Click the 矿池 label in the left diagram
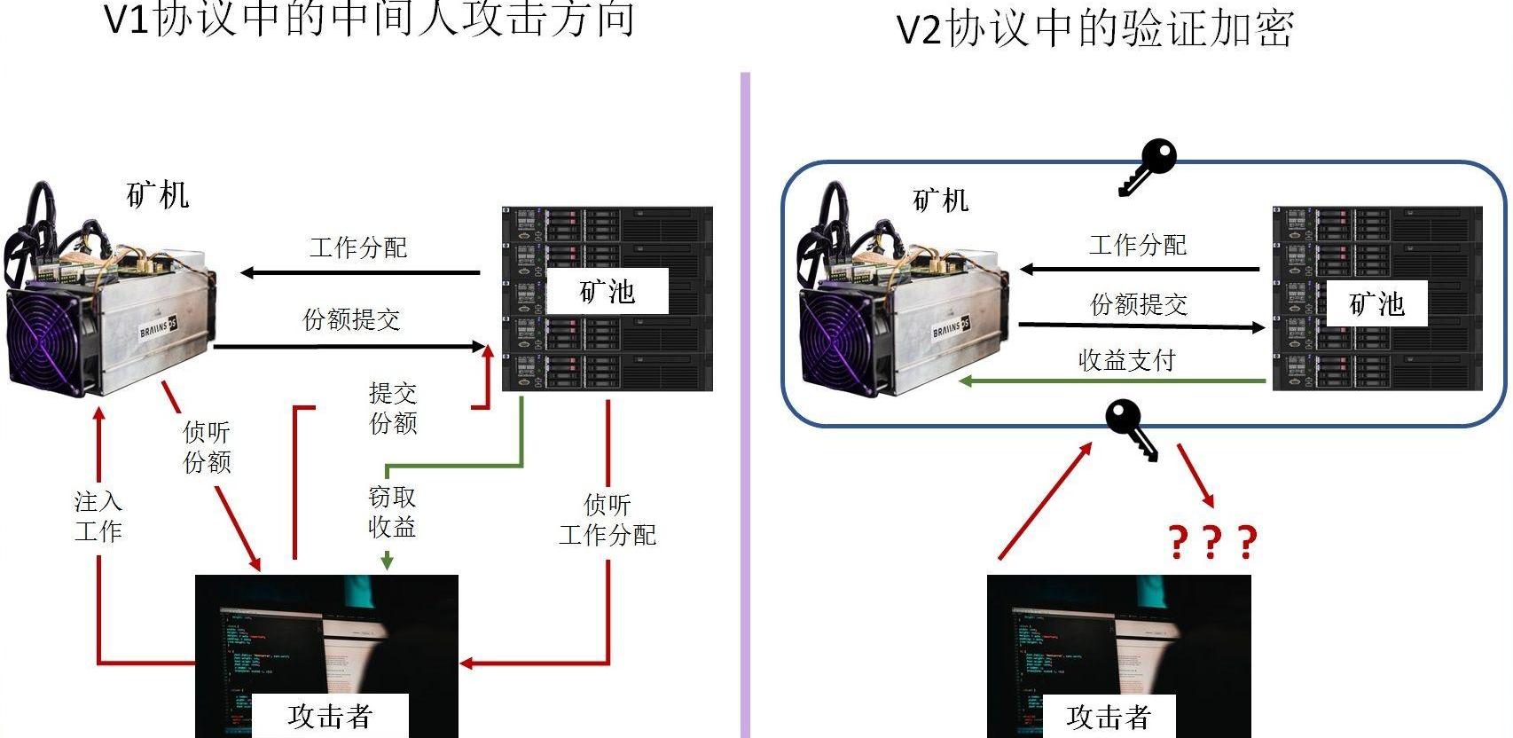pyautogui.click(x=608, y=291)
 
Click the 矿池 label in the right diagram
pyautogui.click(x=1376, y=304)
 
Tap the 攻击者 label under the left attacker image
pyautogui.click(x=330, y=716)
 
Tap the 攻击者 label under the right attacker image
pyautogui.click(x=1109, y=716)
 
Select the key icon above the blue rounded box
pyautogui.click(x=1148, y=166)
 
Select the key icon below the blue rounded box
pyautogui.click(x=1132, y=428)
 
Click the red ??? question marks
pyautogui.click(x=1212, y=541)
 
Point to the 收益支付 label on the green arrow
pyautogui.click(x=1126, y=360)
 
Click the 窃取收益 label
pyautogui.click(x=392, y=512)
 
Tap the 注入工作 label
pyautogui.click(x=98, y=516)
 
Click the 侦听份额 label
pyautogui.click(x=207, y=446)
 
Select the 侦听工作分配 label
pyautogui.click(x=608, y=520)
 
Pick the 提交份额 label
pyautogui.click(x=393, y=407)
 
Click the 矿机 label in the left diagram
pyautogui.click(x=158, y=195)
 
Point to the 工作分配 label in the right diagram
pyautogui.click(x=1138, y=245)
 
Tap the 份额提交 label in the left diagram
pyautogui.click(x=352, y=319)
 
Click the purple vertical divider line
pyautogui.click(x=745, y=399)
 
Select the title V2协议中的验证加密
pyautogui.click(x=1096, y=28)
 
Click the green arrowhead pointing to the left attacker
pyautogui.click(x=387, y=561)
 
